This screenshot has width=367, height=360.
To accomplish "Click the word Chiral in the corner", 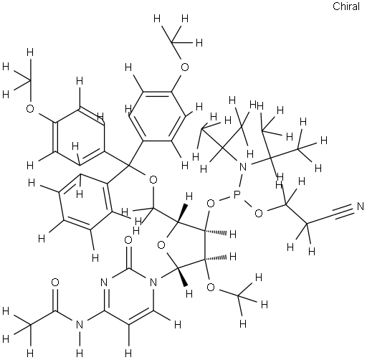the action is point(346,6).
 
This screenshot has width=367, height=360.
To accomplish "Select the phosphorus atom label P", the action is point(237,196).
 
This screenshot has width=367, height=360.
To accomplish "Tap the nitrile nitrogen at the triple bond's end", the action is point(360,207).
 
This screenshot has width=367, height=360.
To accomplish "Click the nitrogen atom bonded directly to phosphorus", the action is point(243,166).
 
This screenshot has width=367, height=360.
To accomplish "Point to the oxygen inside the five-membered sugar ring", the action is point(161,245).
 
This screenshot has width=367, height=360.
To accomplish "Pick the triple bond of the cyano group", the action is point(343,211).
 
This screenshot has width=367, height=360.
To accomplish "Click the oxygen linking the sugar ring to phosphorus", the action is point(211,204).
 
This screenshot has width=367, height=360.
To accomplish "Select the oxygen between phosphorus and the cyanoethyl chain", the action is point(259,213).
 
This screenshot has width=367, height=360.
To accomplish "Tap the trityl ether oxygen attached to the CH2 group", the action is point(153,179).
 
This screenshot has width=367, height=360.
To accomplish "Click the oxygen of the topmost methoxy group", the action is point(185,67).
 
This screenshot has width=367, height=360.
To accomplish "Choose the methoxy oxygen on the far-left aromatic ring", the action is point(30,109).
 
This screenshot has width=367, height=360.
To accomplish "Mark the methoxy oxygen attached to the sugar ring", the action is point(211,287).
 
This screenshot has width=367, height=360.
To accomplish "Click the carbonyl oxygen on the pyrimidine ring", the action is point(128,240).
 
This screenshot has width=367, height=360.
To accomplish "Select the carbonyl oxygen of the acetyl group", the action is point(55,282).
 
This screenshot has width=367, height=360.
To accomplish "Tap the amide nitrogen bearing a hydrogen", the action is point(80,324).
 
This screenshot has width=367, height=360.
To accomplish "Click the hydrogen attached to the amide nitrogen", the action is point(80,353).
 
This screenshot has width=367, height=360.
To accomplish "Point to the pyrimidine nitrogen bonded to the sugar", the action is point(153,283).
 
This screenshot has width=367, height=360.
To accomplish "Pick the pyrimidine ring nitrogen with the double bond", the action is point(104,283).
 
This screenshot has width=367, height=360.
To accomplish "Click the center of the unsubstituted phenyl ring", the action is point(85,203).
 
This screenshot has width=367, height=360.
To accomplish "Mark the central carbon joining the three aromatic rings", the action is point(129,165).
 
